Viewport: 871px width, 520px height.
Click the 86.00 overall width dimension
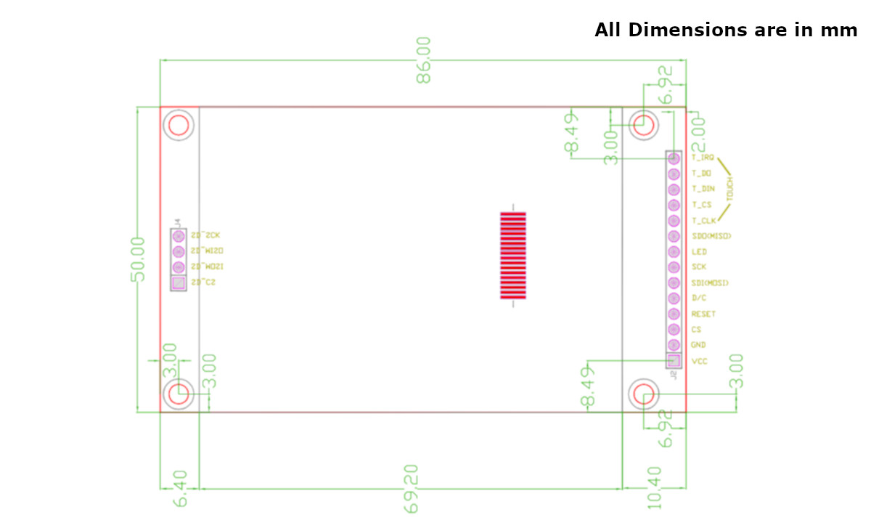[x=423, y=60]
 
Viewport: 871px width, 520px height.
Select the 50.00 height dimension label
[x=138, y=259]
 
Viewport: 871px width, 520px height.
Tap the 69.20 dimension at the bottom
[x=411, y=489]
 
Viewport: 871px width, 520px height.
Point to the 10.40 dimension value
[x=653, y=487]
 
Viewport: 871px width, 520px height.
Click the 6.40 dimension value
[x=179, y=489]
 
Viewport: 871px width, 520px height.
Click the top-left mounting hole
[x=179, y=126]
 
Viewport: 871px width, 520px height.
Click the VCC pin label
[x=700, y=361]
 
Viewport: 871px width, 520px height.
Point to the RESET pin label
[x=703, y=314]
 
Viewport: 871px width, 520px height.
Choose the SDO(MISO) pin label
[x=711, y=236]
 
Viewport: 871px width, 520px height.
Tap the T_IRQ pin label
[x=703, y=157]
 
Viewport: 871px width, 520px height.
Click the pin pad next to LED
[x=674, y=251]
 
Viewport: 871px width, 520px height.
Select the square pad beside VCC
[x=674, y=360]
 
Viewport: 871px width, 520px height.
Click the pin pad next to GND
[x=674, y=345]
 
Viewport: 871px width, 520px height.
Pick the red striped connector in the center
[x=512, y=255]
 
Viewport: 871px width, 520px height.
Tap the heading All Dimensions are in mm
[x=726, y=31]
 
